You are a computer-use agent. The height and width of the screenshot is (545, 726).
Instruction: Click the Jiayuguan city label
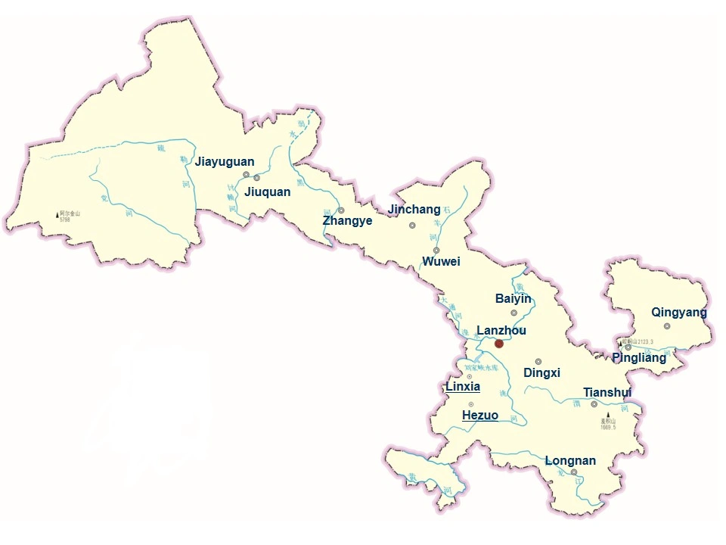click(x=225, y=162)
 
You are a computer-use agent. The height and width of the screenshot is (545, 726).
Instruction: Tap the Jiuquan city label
click(x=267, y=192)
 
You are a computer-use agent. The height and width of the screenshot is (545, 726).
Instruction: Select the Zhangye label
click(x=347, y=221)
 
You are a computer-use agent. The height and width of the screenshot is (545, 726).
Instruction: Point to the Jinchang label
click(x=414, y=209)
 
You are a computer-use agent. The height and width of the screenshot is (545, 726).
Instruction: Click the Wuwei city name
click(x=441, y=262)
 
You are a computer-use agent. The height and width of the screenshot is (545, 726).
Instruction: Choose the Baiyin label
click(x=513, y=299)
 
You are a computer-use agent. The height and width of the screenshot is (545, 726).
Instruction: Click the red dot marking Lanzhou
click(x=499, y=344)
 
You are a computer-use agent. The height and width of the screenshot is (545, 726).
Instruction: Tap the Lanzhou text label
click(x=501, y=331)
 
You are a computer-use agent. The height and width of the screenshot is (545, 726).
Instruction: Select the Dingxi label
click(x=541, y=373)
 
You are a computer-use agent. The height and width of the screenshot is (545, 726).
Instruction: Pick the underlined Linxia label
click(x=463, y=387)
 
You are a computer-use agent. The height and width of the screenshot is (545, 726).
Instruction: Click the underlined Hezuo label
click(x=480, y=416)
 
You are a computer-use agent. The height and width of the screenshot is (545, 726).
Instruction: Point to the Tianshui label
click(x=607, y=392)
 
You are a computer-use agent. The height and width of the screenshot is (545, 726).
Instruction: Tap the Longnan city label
click(x=570, y=460)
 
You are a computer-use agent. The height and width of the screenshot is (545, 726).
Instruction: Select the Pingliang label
click(x=639, y=357)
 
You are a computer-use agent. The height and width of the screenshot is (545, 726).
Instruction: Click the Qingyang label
click(x=679, y=313)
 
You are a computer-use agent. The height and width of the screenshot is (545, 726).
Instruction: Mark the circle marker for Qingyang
click(x=667, y=326)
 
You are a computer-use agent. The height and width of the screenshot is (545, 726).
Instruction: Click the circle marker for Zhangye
click(x=341, y=210)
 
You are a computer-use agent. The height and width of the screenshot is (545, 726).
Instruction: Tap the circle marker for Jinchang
click(x=412, y=225)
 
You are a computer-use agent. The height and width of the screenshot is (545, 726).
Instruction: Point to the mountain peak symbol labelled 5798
click(x=58, y=215)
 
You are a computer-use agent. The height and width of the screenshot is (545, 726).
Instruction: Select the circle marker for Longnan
click(x=574, y=472)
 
